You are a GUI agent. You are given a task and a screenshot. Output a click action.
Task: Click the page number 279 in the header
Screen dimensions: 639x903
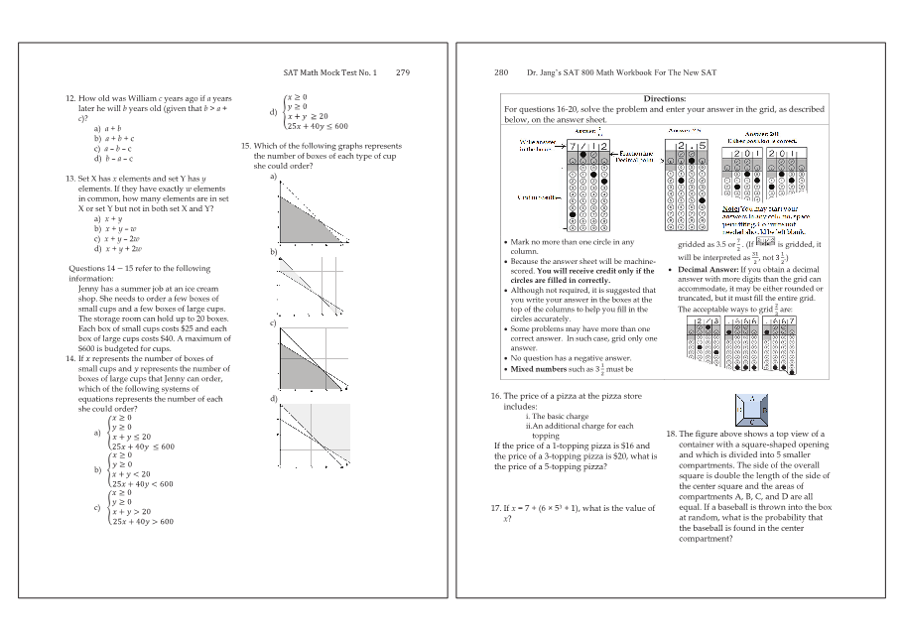coord(402,72)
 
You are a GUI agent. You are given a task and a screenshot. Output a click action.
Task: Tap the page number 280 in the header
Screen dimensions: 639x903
coord(501,72)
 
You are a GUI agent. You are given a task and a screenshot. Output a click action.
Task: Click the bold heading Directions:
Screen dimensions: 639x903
coord(664,98)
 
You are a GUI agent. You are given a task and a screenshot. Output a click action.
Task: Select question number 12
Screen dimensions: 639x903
coord(70,98)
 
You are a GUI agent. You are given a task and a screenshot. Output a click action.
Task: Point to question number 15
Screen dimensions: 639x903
coord(246,146)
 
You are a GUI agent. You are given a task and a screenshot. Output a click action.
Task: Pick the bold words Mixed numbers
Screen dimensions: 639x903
coord(536,369)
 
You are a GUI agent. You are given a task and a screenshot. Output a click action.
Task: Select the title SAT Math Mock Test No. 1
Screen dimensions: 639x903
coord(330,72)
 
